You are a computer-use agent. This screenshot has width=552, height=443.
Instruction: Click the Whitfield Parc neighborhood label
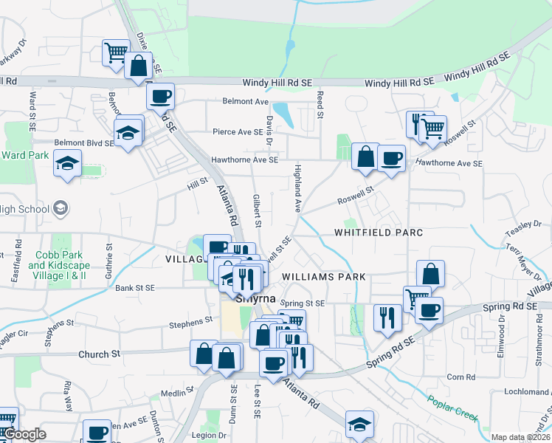click(379, 232)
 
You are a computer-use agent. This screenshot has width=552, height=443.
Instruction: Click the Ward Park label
click(24, 156)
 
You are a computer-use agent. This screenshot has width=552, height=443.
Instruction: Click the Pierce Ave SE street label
click(238, 132)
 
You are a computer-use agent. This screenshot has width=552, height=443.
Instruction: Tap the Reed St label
click(321, 104)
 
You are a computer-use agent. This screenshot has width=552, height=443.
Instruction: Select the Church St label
click(99, 354)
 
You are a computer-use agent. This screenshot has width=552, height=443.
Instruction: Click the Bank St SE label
click(134, 287)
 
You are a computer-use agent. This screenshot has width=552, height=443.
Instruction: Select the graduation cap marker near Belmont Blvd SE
click(128, 132)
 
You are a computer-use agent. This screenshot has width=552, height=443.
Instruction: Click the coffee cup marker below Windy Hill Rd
click(159, 95)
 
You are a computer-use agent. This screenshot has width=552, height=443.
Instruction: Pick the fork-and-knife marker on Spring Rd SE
click(387, 317)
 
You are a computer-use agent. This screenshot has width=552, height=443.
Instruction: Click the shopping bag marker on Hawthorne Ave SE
click(365, 157)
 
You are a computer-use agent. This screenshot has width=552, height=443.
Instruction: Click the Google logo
click(24, 435)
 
